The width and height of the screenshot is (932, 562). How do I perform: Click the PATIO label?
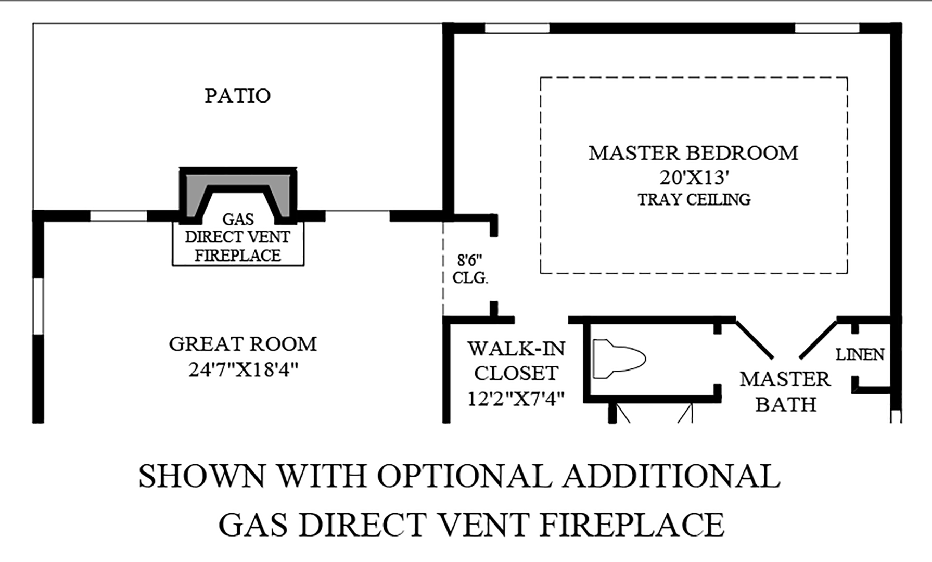(237, 96)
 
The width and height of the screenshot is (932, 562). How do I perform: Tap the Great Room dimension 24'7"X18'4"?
(243, 370)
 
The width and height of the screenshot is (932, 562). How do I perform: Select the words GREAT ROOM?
(242, 344)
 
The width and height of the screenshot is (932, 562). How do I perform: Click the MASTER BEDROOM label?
(693, 153)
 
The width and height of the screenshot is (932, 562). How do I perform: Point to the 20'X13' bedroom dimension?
(693, 178)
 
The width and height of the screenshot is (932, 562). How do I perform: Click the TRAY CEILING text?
(694, 200)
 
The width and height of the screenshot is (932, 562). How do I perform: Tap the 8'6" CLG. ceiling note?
(470, 269)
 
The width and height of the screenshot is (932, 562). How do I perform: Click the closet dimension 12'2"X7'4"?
(516, 399)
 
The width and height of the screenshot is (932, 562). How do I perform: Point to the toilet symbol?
(618, 359)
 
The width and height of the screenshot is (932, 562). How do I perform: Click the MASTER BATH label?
(785, 391)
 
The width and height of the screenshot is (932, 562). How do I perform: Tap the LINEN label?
(860, 354)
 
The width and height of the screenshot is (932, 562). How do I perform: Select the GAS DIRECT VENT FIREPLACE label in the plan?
(238, 237)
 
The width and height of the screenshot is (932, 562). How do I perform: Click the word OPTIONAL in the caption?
(464, 476)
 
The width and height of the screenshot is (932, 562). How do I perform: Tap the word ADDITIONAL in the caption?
(671, 476)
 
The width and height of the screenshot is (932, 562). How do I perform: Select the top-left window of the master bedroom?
(517, 28)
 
